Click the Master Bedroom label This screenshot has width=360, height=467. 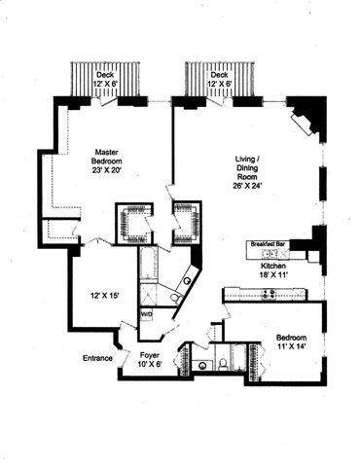point(107,158)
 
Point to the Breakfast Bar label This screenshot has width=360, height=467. point(267,245)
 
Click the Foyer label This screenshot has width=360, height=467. point(150,355)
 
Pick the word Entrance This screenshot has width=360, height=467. point(97,358)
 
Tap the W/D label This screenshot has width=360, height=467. point(146,315)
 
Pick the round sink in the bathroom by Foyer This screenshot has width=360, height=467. point(202,366)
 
